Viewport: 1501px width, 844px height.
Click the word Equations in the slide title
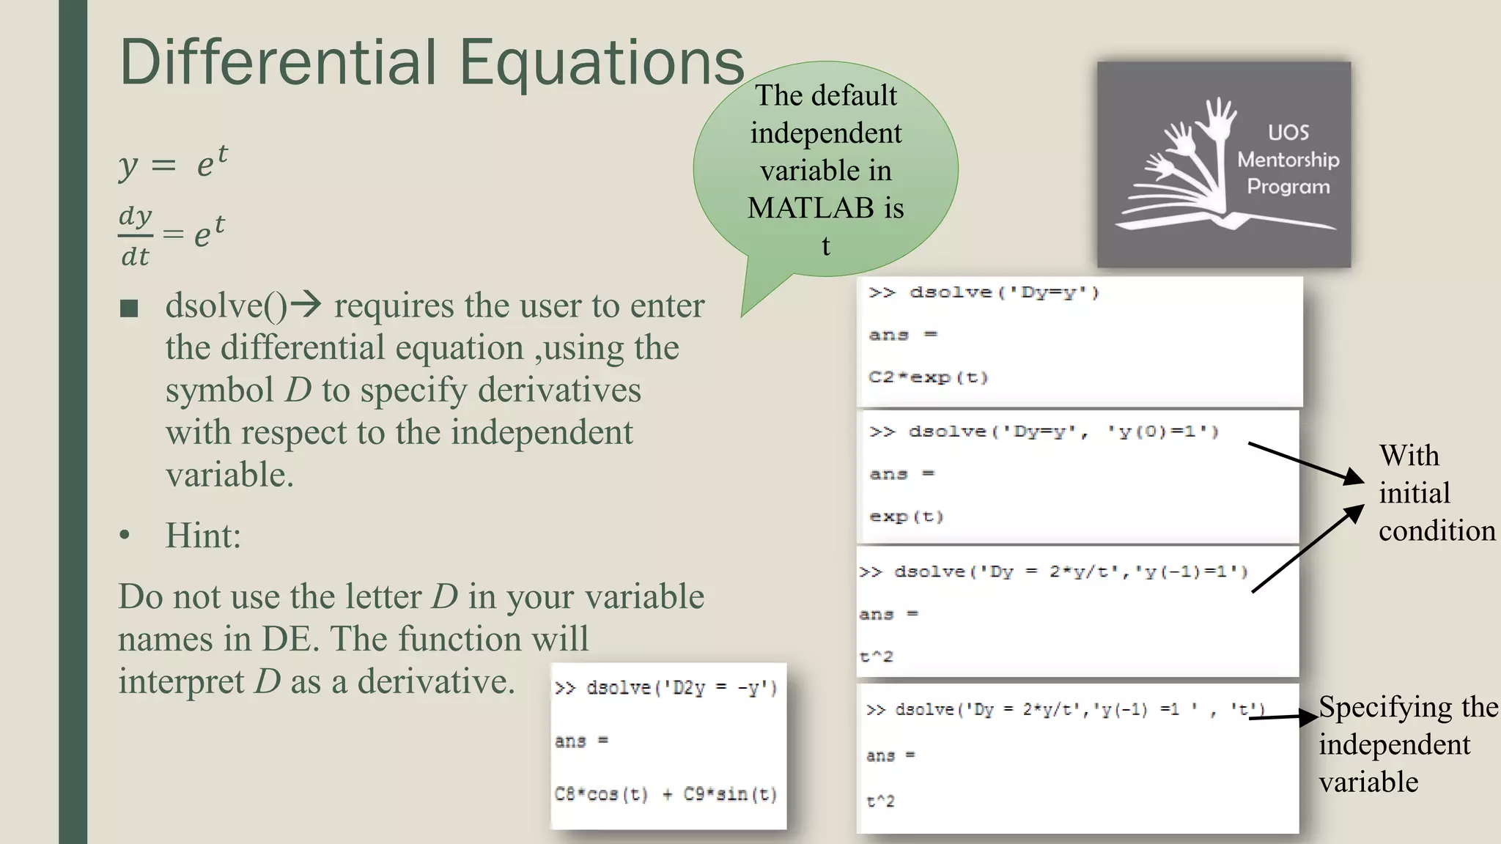(601, 62)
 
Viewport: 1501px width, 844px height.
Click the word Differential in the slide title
(279, 62)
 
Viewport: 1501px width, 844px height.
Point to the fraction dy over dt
(136, 236)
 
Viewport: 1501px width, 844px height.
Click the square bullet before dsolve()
(129, 308)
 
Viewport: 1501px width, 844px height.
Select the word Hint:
(203, 536)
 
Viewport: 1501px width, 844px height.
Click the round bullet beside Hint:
(125, 536)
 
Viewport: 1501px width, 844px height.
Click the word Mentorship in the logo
(1288, 160)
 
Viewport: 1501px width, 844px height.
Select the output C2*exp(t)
(929, 377)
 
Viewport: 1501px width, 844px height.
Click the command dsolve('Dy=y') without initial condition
(1004, 293)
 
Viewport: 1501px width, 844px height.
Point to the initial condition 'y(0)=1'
(1163, 432)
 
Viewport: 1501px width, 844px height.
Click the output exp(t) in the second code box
(907, 517)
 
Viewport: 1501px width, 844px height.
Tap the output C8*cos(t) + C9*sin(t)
(665, 795)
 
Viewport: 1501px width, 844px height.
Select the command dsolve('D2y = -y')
(681, 688)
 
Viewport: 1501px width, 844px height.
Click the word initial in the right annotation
(1414, 493)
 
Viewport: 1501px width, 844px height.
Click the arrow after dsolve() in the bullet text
(306, 304)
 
